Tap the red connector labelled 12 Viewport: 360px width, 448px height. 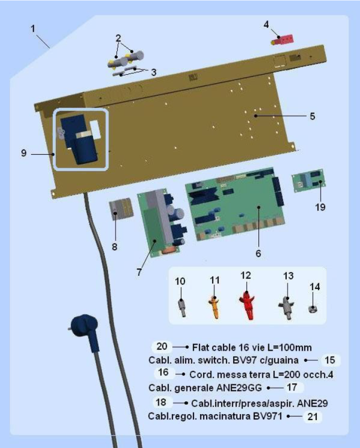pyautogui.click(x=247, y=305)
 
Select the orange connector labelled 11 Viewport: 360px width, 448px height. pyautogui.click(x=215, y=307)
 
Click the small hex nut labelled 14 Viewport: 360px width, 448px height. pyautogui.click(x=313, y=309)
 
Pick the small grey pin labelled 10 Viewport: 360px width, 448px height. pyautogui.click(x=182, y=308)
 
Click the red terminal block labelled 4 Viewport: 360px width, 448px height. pyautogui.click(x=282, y=40)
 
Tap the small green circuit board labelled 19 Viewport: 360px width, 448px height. pyautogui.click(x=308, y=181)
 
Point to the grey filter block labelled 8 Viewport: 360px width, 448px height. pyautogui.click(x=121, y=209)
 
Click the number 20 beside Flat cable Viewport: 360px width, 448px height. pyautogui.click(x=162, y=346)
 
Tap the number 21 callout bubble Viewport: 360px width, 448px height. pyautogui.click(x=313, y=417)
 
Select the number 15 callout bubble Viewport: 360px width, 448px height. pyautogui.click(x=330, y=360)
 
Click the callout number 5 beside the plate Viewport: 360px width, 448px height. pyautogui.click(x=312, y=116)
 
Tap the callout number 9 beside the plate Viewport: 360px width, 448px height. pyautogui.click(x=24, y=153)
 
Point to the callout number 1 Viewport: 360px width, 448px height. pyautogui.click(x=33, y=29)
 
